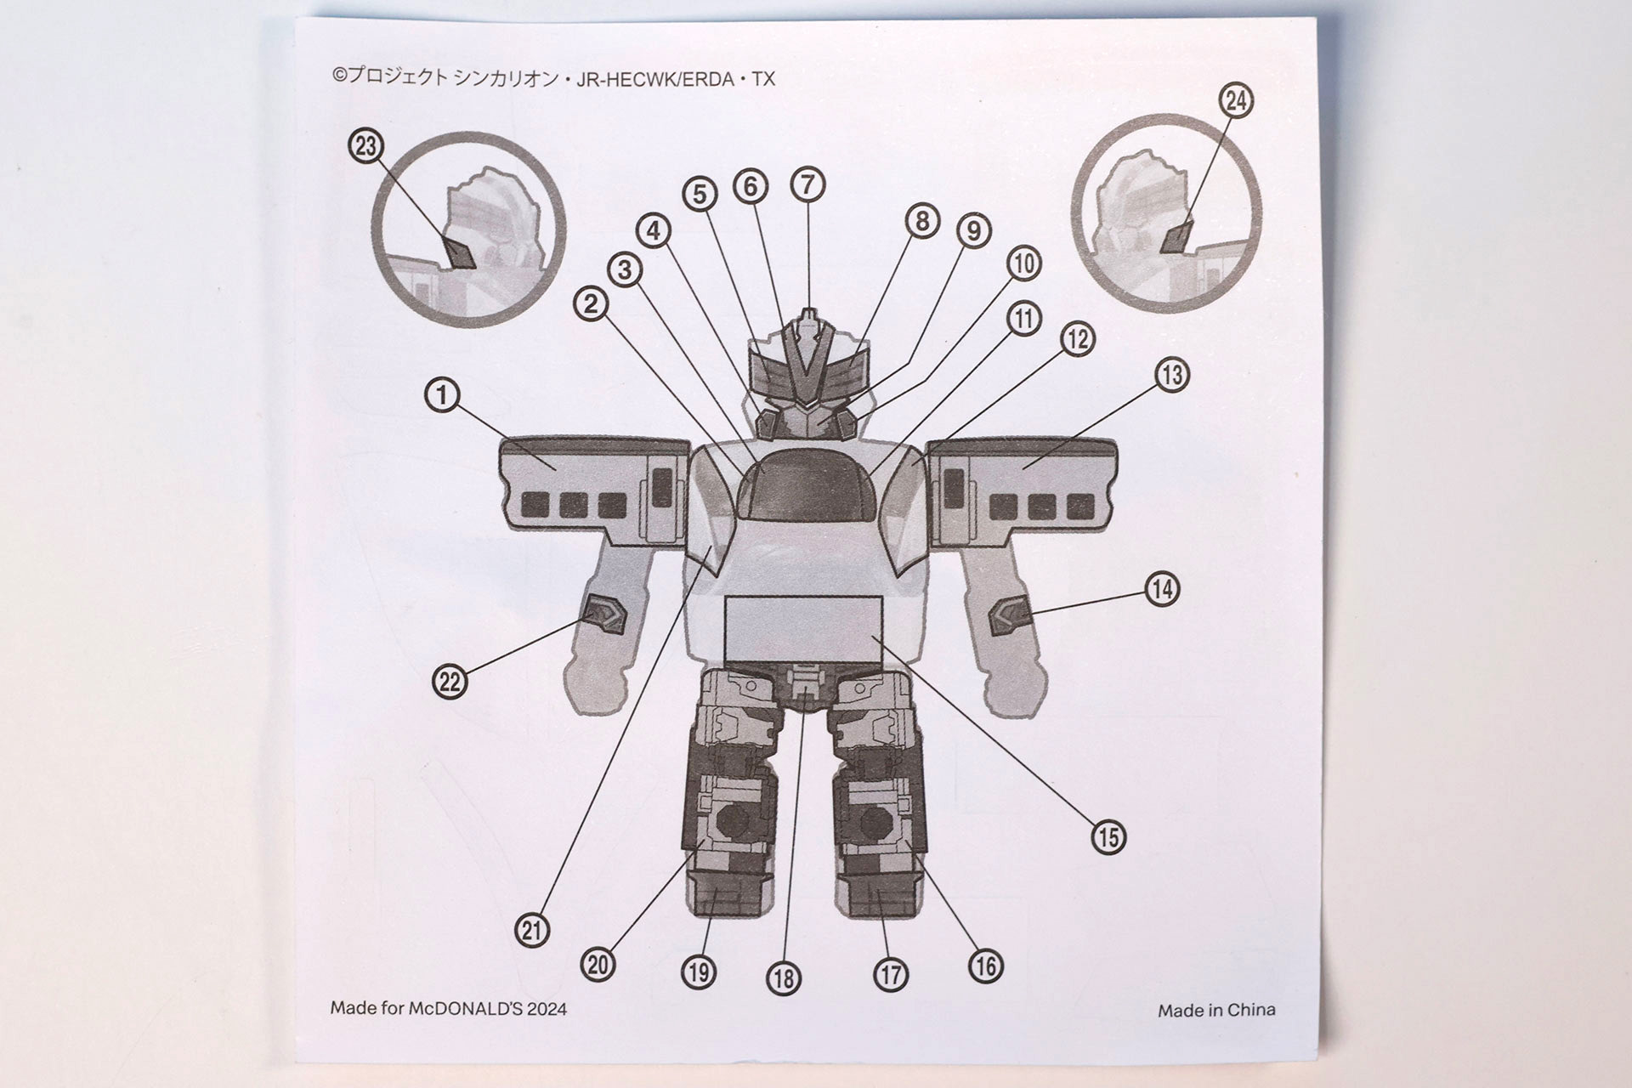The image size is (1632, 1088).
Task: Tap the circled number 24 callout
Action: click(1236, 101)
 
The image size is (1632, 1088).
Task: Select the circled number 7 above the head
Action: click(807, 184)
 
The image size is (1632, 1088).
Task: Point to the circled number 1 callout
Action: click(442, 395)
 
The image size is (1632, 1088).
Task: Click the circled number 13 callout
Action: click(1172, 375)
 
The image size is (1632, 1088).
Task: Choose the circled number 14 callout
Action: click(1162, 588)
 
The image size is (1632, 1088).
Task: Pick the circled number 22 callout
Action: click(450, 682)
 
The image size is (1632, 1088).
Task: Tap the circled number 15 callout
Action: click(1108, 837)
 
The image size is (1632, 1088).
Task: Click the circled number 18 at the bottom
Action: click(784, 978)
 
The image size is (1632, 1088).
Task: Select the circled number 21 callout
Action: click(532, 931)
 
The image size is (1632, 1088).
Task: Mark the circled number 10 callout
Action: click(1024, 263)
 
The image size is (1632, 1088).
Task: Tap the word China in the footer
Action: click(1252, 1010)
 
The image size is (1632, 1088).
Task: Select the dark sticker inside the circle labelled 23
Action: click(461, 253)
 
